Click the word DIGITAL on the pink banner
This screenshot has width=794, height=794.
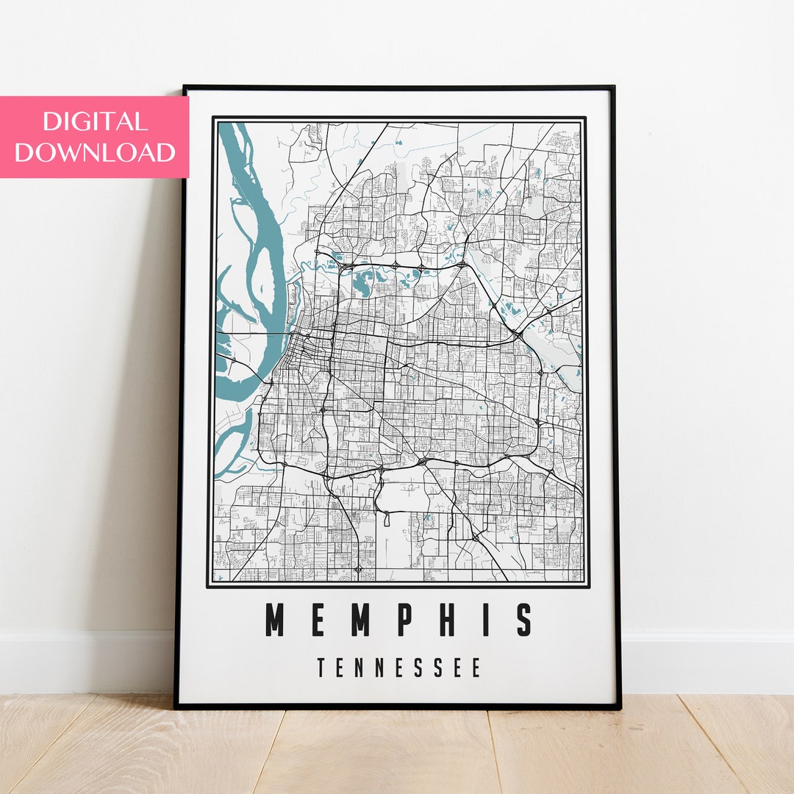tap(95, 121)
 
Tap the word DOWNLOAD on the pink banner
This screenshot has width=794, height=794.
tap(95, 152)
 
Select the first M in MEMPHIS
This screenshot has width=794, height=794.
tap(274, 620)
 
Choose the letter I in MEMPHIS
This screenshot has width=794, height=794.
tap(485, 620)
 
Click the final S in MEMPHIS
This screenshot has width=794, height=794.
tap(523, 620)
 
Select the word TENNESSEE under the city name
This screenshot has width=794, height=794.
tap(399, 668)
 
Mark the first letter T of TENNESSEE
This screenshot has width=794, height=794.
tap(321, 668)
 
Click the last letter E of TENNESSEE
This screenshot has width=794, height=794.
tap(476, 668)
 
